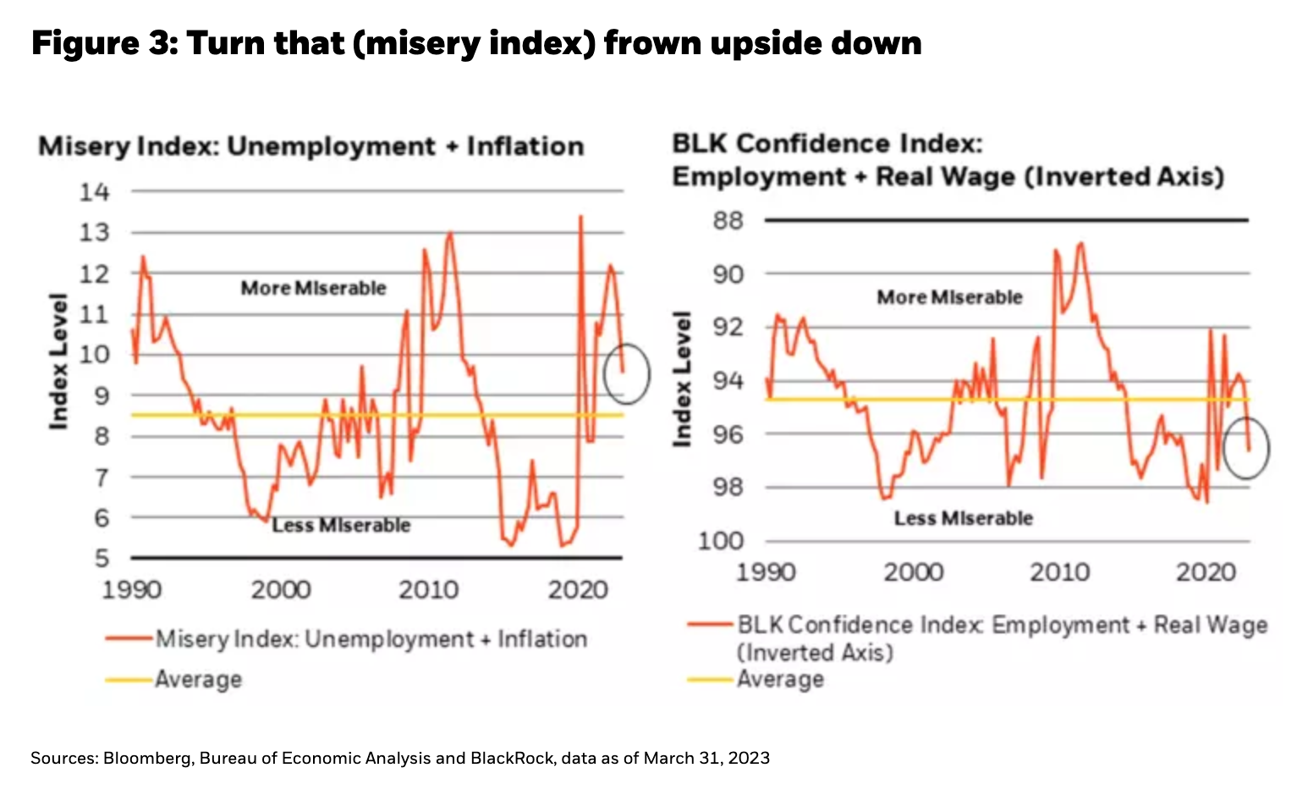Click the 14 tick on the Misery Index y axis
click(95, 192)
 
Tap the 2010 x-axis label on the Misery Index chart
click(428, 589)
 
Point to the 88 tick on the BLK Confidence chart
click(728, 221)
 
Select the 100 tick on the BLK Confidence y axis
click(720, 540)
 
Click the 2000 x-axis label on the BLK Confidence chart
click(913, 572)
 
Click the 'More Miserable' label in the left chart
click(313, 288)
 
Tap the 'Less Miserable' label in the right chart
click(963, 518)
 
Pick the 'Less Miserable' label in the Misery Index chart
click(341, 526)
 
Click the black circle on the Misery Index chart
click(626, 373)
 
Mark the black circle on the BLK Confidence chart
click(1247, 448)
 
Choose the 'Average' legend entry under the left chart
click(198, 679)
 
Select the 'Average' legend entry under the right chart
click(780, 679)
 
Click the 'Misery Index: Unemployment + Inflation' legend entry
click(371, 638)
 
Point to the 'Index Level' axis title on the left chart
click(58, 362)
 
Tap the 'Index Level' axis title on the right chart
click(682, 378)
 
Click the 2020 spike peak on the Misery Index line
click(580, 217)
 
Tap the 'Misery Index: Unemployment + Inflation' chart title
click(311, 146)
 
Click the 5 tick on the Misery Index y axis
click(102, 558)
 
